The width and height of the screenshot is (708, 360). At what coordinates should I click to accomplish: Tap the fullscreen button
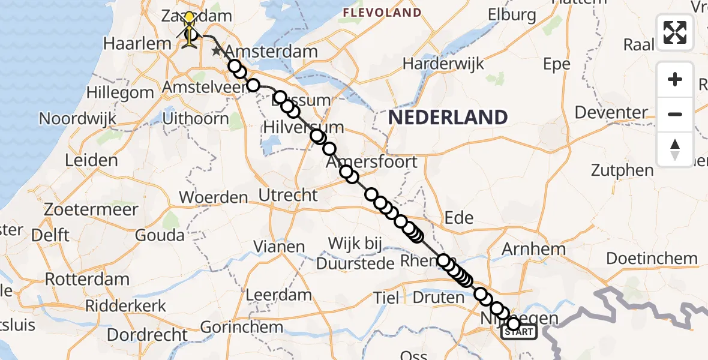tap(675, 32)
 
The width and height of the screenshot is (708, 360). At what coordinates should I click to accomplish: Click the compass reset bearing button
tap(675, 149)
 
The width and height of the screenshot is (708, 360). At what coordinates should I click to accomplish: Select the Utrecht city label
tap(287, 194)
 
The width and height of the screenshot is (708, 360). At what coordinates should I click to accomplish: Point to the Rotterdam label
tap(87, 279)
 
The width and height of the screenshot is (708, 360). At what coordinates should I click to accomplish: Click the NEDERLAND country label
tap(448, 117)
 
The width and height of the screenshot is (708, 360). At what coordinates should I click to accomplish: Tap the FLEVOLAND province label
tap(382, 13)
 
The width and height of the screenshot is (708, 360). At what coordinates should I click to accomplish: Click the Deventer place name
tap(611, 112)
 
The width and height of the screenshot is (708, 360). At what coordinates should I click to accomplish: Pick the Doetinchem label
tap(652, 259)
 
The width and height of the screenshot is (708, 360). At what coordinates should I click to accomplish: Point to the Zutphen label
tap(622, 170)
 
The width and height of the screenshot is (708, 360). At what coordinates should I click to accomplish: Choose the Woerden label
tap(214, 197)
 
